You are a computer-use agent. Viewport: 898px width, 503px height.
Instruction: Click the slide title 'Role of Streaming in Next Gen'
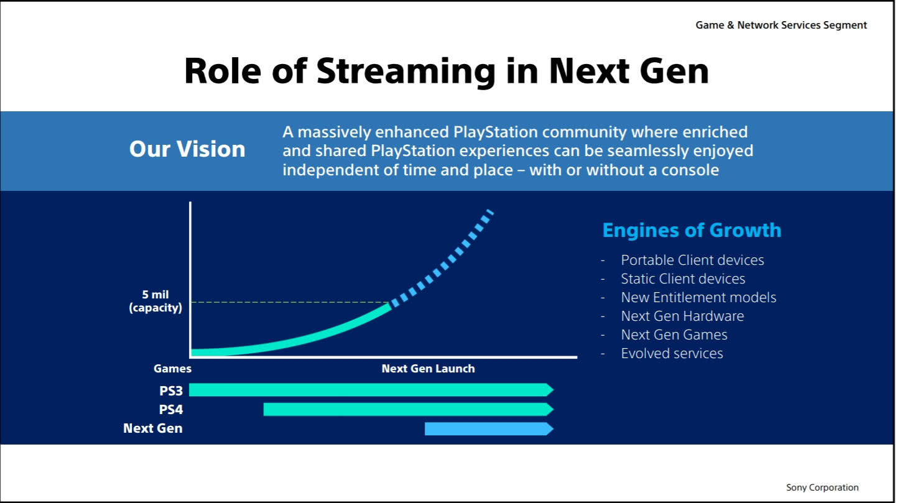(x=447, y=72)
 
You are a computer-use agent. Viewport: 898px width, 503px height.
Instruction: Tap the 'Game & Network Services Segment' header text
(x=781, y=25)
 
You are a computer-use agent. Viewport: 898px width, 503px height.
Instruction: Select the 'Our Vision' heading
(x=187, y=149)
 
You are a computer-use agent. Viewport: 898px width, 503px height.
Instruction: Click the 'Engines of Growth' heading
(x=692, y=230)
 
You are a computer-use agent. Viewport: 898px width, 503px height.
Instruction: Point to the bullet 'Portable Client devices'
(x=692, y=260)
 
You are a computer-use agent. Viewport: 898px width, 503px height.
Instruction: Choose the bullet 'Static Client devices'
(x=683, y=279)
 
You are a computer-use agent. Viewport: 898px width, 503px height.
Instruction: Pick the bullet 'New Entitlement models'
(x=699, y=297)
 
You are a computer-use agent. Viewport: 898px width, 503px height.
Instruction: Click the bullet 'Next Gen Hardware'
(x=682, y=316)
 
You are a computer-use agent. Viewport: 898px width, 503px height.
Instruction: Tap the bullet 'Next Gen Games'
(x=674, y=335)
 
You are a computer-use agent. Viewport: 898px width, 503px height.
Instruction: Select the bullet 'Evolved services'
(x=672, y=354)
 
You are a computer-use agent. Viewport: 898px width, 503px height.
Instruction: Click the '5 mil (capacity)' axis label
(x=155, y=301)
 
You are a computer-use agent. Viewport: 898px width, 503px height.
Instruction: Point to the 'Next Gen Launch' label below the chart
(x=428, y=368)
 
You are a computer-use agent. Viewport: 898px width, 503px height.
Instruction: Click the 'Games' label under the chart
(x=172, y=369)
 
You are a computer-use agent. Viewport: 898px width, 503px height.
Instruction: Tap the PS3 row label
(x=171, y=391)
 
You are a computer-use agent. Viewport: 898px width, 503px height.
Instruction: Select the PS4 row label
(x=171, y=410)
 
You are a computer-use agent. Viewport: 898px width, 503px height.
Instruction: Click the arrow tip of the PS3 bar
(x=553, y=390)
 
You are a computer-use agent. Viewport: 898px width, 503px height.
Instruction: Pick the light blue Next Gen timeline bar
(x=489, y=429)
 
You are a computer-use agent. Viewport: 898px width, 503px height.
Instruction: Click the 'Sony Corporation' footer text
(x=822, y=487)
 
